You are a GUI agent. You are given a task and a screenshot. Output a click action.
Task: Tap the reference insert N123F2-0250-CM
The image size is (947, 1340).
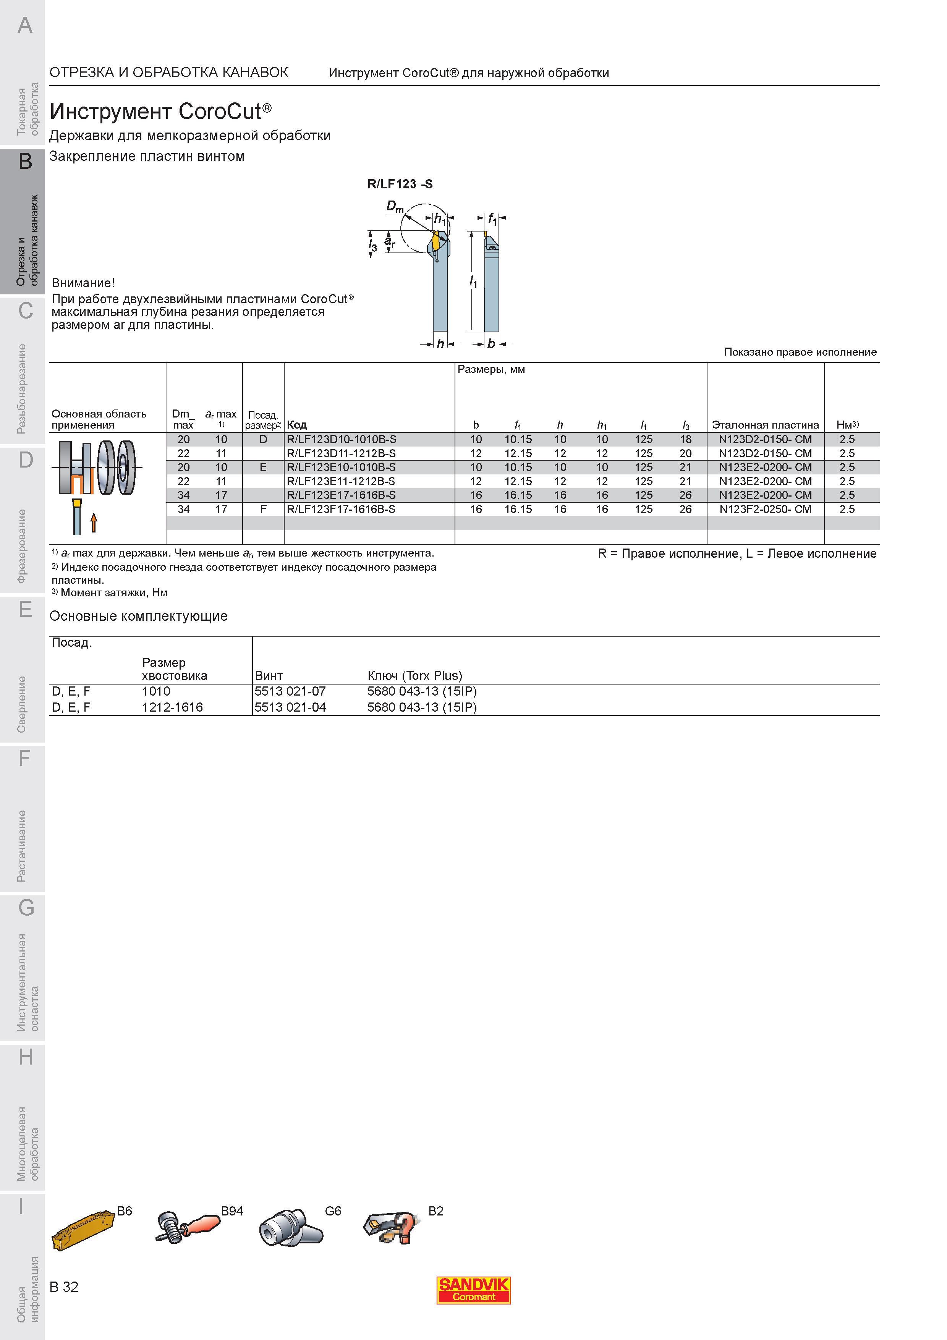tap(765, 509)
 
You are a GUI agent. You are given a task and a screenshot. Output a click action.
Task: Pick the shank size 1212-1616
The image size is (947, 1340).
tap(173, 707)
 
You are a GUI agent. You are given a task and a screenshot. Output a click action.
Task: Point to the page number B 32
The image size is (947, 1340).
tap(64, 1287)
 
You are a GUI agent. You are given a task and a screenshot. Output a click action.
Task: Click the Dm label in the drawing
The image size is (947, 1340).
tap(395, 207)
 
